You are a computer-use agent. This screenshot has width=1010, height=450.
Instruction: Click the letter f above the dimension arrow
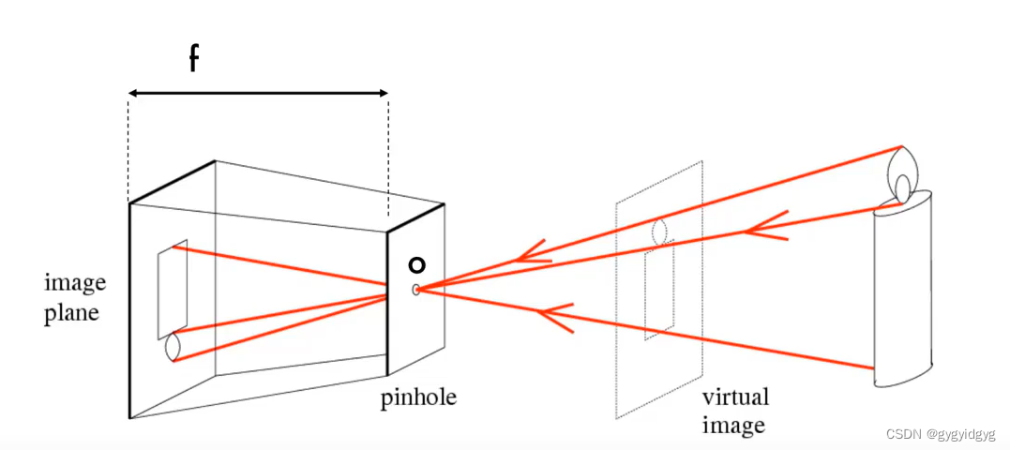(x=193, y=59)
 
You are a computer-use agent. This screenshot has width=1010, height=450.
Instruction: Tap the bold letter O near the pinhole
(x=417, y=265)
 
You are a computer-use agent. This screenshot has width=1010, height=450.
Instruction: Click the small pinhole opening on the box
(x=415, y=290)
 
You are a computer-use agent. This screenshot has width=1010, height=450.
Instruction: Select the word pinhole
(x=418, y=397)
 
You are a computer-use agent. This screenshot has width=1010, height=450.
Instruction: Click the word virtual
(x=735, y=397)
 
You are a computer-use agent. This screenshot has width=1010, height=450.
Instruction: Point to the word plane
(x=72, y=312)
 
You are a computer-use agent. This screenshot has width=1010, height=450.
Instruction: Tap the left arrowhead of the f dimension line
(x=134, y=93)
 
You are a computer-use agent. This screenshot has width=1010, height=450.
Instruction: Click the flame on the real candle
(x=902, y=187)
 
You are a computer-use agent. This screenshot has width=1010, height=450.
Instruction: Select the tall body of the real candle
(x=903, y=291)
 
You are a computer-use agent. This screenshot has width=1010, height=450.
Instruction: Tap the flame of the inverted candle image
(x=172, y=347)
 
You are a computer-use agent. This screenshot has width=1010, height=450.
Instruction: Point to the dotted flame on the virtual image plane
(x=659, y=230)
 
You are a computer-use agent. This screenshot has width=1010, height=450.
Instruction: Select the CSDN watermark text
(x=941, y=435)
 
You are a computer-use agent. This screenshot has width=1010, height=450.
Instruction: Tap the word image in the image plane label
(x=75, y=283)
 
